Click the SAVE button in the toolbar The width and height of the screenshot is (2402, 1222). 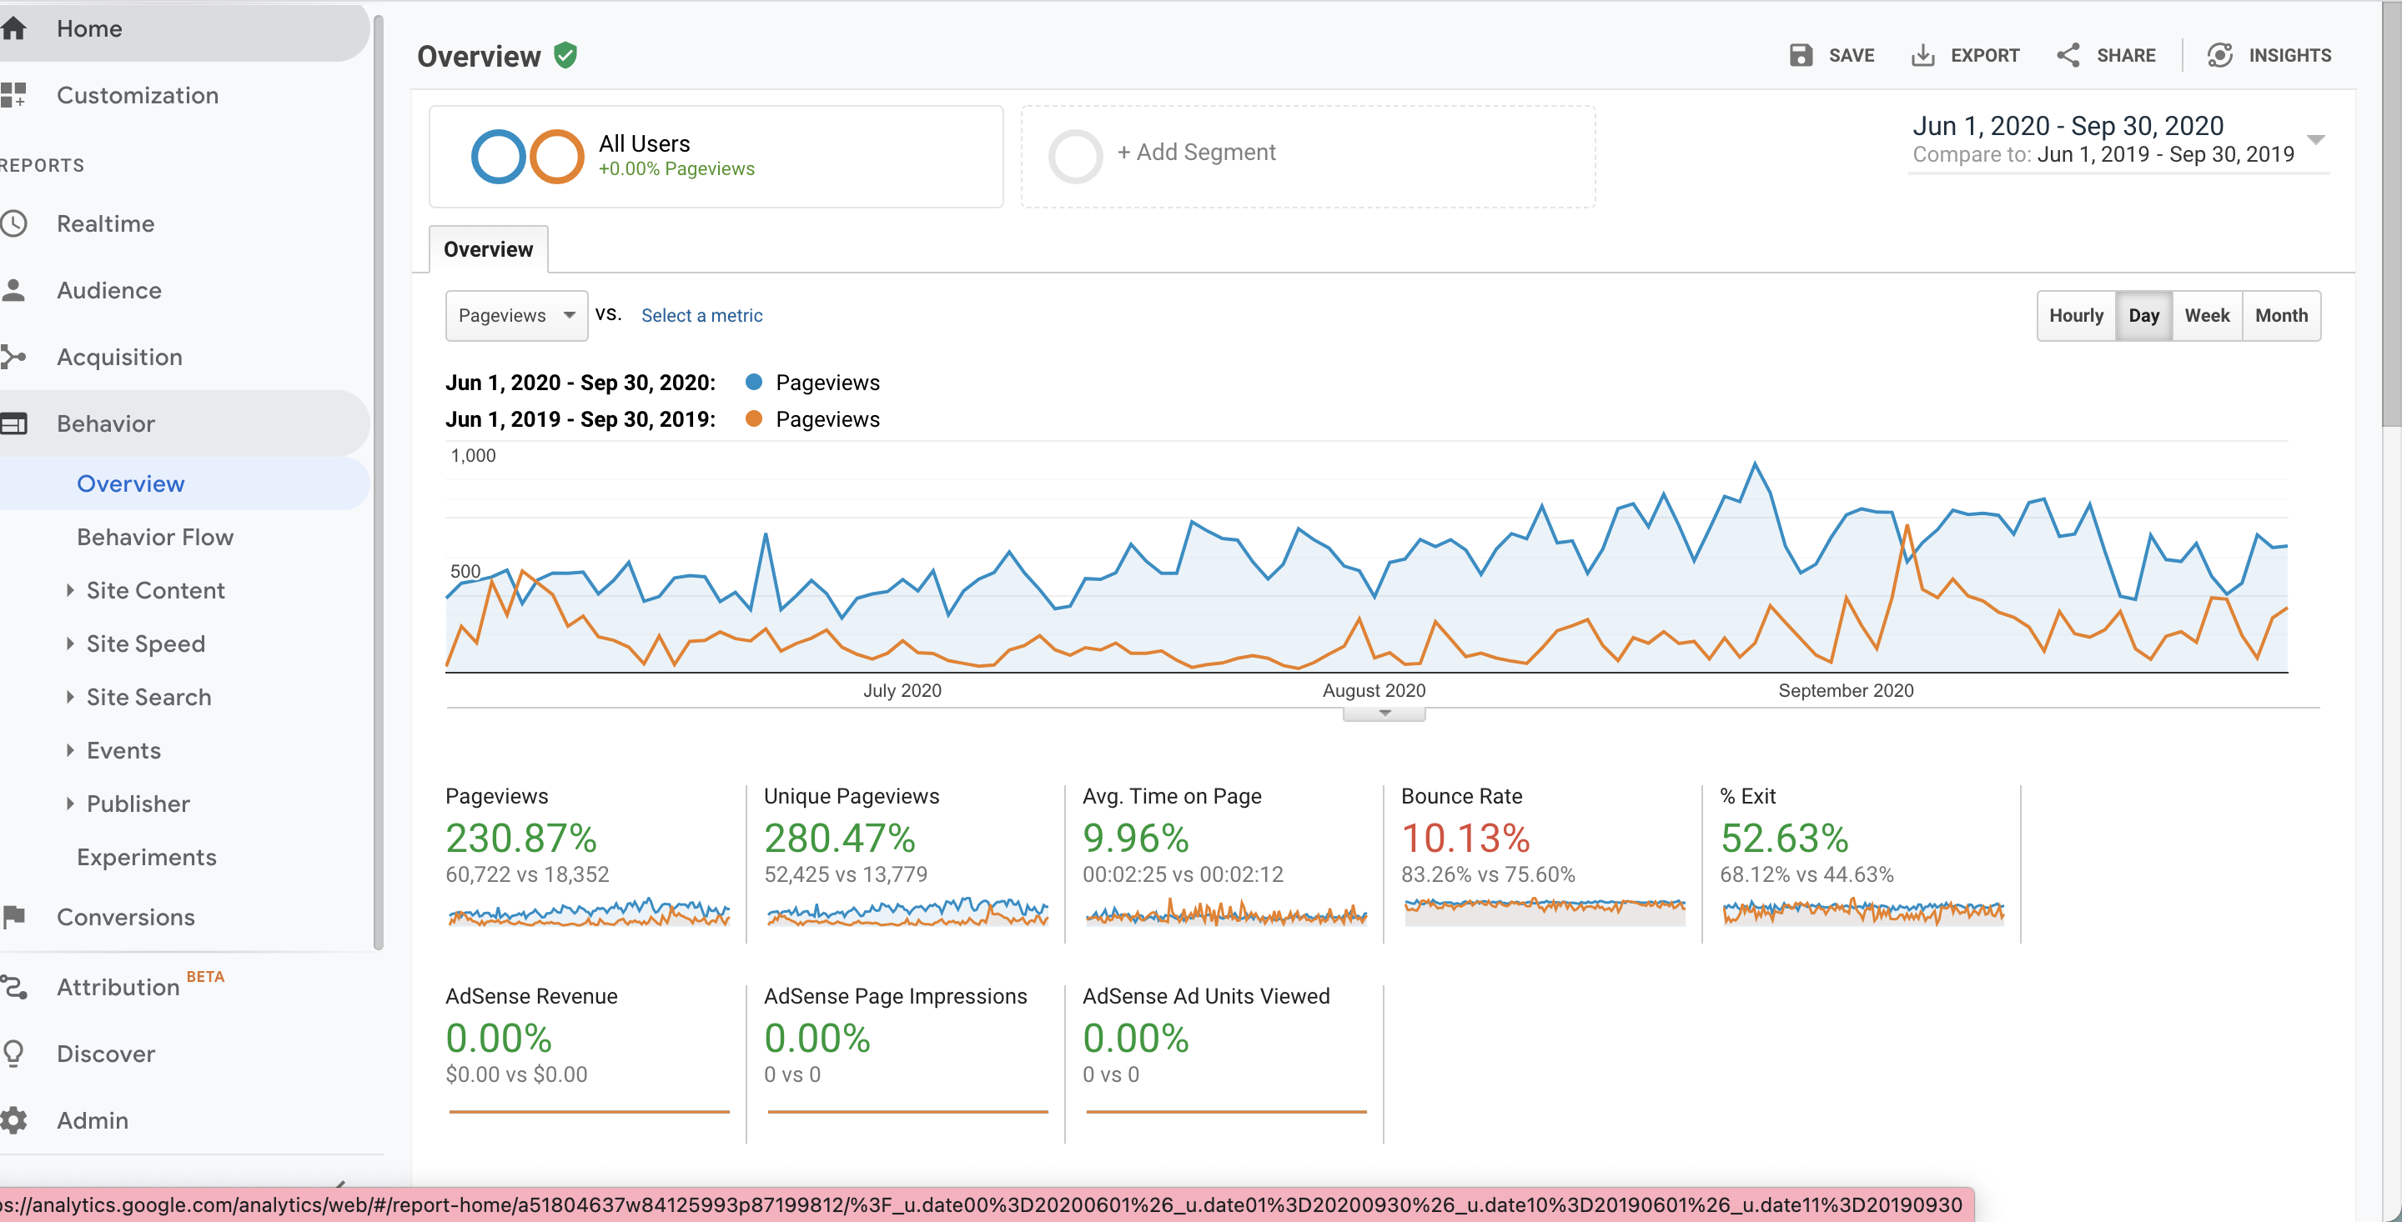coord(1832,55)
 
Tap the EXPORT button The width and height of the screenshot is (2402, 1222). coord(1965,55)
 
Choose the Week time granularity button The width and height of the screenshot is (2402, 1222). coord(2206,316)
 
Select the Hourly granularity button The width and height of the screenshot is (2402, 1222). coord(2076,316)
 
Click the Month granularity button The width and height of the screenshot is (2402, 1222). coord(2281,316)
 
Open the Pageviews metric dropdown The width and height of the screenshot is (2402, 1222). coord(516,316)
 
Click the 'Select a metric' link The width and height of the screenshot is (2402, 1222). coord(701,316)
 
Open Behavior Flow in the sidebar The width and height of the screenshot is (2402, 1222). coord(155,537)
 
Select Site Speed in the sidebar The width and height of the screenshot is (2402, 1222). coord(145,644)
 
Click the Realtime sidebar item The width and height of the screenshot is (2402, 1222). coord(105,223)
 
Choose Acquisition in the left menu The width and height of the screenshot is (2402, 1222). coord(119,357)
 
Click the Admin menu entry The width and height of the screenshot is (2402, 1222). coord(93,1120)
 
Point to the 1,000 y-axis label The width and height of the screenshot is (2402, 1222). coord(473,456)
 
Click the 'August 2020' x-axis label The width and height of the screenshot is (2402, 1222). coord(1374,691)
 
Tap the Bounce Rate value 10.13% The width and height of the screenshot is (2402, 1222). coord(1465,838)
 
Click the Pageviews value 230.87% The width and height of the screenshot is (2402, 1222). coord(520,838)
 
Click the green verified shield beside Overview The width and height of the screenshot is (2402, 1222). coord(565,56)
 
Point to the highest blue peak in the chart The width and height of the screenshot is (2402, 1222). coord(1754,463)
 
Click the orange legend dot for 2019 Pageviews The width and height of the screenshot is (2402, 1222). coord(753,418)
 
